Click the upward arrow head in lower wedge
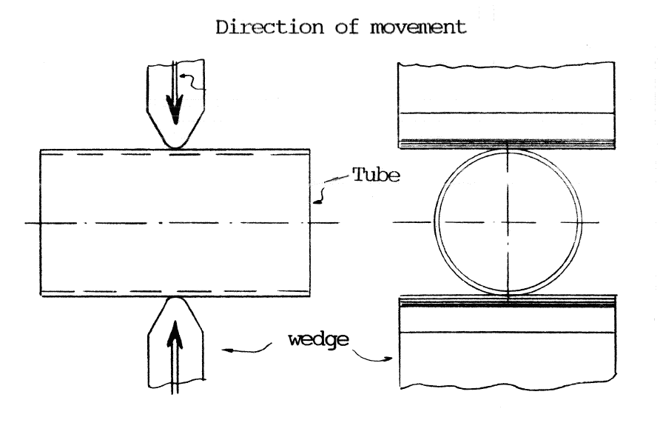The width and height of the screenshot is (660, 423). point(175,333)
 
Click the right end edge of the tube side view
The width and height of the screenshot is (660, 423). point(310,222)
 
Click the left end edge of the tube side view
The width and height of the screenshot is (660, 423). point(41,222)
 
